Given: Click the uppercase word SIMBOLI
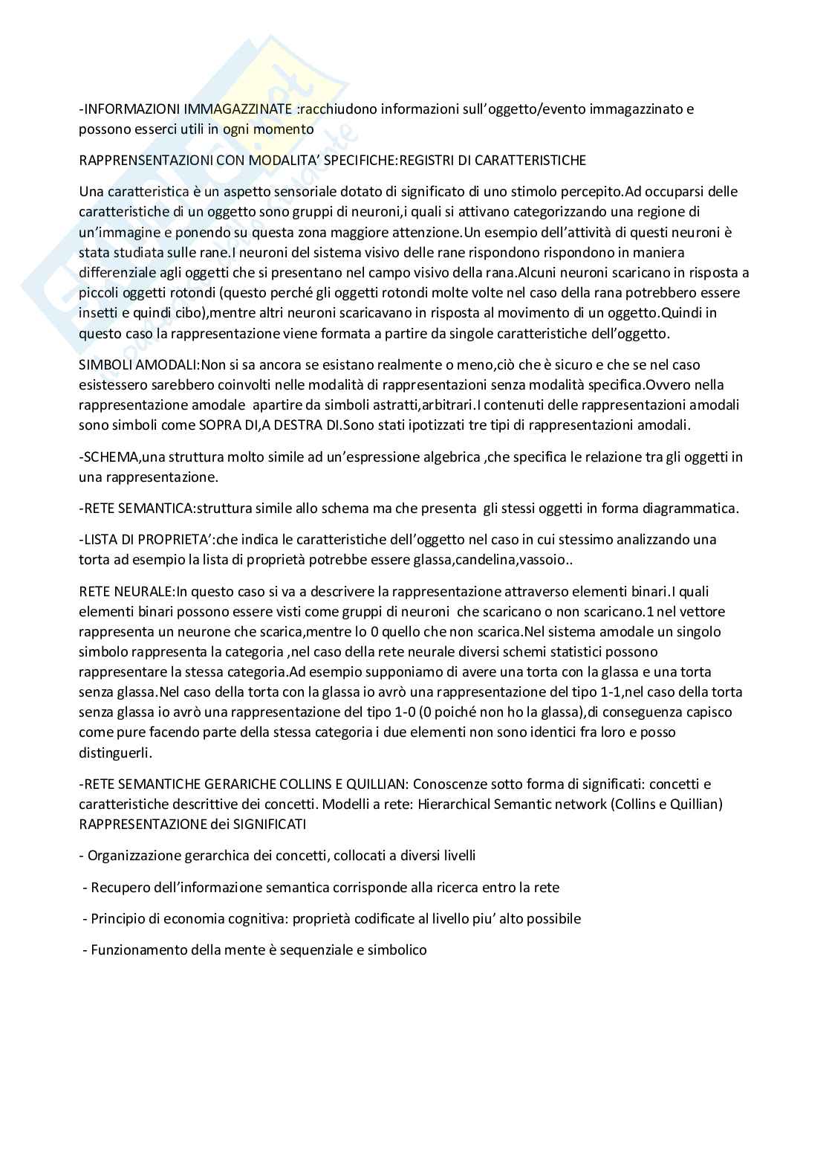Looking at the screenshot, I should (x=103, y=365).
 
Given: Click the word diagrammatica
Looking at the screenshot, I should (x=692, y=509).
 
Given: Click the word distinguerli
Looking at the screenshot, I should (x=114, y=752).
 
